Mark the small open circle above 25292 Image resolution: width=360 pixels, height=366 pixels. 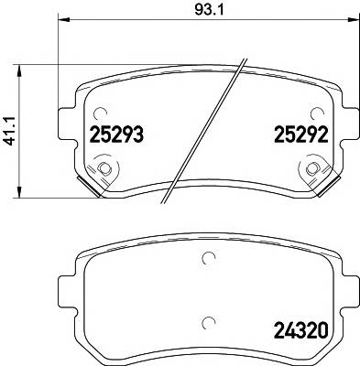pos(316,114)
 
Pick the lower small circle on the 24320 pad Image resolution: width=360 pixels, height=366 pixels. pos(208,321)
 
